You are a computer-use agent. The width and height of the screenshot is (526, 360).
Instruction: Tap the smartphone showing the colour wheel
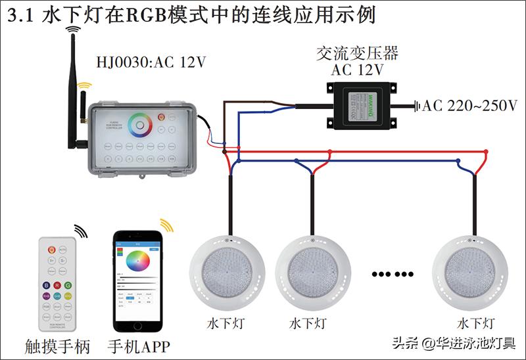tap(137, 281)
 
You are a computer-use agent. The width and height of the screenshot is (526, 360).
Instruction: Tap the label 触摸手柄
tap(57, 346)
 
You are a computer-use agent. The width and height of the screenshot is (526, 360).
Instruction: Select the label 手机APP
tap(139, 346)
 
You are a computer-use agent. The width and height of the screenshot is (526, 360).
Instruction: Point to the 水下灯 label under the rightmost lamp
tap(476, 323)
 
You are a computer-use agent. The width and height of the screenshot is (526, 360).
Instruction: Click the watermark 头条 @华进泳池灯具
tap(454, 343)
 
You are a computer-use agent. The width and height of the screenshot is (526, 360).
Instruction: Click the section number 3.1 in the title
tap(20, 16)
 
